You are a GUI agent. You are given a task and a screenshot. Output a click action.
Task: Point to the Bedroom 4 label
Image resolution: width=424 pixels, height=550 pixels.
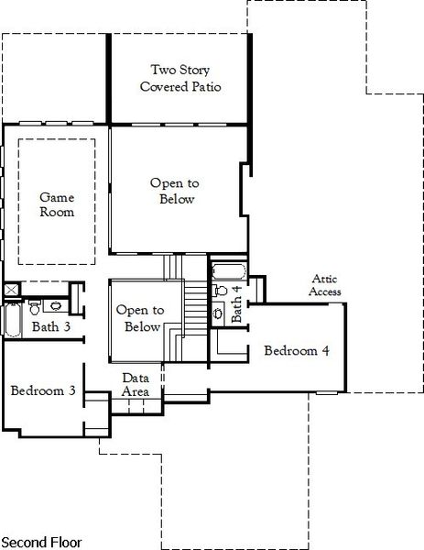(x=297, y=350)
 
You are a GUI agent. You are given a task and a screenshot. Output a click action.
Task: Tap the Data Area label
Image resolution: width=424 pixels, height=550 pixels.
(x=137, y=384)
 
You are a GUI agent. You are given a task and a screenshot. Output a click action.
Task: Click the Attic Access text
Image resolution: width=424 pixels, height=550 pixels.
(x=326, y=285)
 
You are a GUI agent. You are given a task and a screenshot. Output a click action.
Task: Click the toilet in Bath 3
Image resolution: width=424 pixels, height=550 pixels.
(x=34, y=304)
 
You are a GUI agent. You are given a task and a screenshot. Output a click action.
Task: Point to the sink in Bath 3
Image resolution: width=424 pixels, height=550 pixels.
(x=56, y=305)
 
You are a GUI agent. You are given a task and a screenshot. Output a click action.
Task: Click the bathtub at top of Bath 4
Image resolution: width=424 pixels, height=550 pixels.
(x=226, y=271)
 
